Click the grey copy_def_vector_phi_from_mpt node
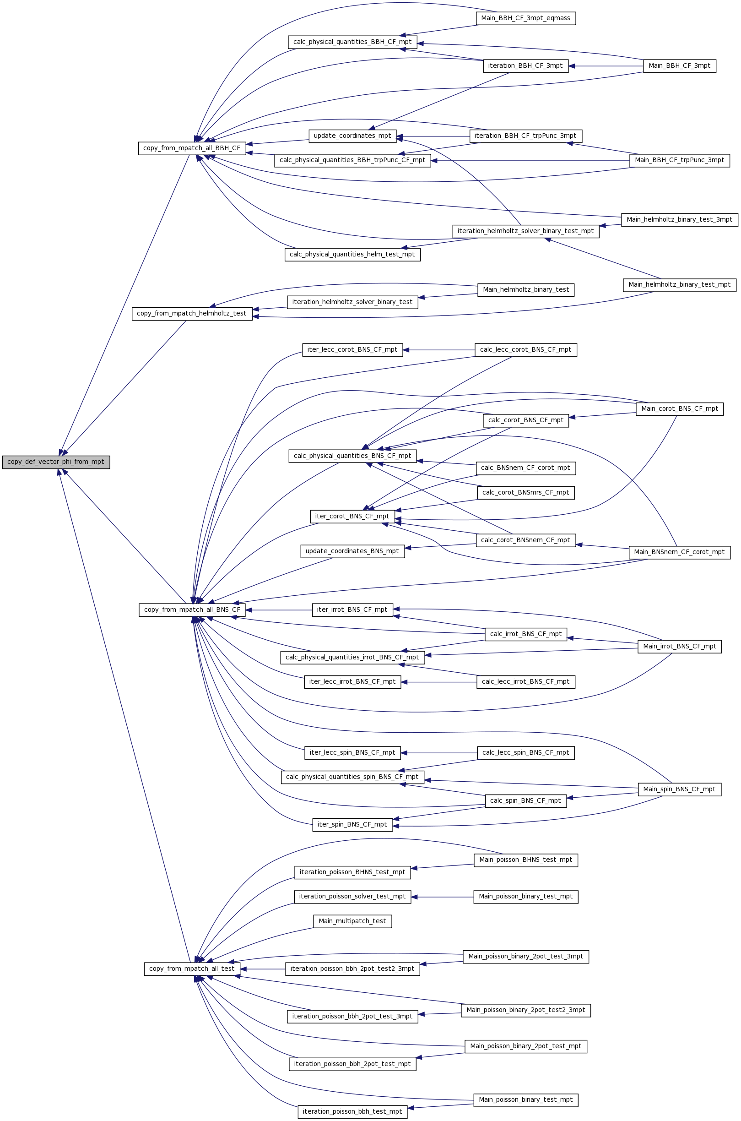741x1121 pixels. pos(56,462)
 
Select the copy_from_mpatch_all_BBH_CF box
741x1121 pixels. pos(192,148)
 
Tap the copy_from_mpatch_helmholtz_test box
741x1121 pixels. pos(192,314)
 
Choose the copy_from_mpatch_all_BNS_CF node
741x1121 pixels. pos(192,610)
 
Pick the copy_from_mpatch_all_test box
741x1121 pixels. pos(192,969)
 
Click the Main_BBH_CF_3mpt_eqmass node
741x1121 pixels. pos(525,18)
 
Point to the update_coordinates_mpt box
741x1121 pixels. pos(352,136)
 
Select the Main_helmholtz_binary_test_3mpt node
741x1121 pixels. pos(680,220)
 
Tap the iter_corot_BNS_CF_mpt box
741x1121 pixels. pos(352,516)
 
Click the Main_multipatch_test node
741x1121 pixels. pos(352,921)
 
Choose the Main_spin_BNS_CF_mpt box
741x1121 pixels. pos(680,789)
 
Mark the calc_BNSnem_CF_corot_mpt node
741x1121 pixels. pos(525,468)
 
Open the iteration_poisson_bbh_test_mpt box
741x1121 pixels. pos(352,1111)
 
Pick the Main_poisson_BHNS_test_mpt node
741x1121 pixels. pos(525,860)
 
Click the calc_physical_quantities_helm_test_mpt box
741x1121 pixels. pos(352,254)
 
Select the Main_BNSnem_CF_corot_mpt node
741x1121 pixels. pos(680,552)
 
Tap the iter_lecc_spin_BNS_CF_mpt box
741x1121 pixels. pos(352,753)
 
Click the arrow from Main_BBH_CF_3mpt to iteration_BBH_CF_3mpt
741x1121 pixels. pos(606,66)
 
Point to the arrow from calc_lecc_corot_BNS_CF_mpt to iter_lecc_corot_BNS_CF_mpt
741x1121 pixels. pos(438,350)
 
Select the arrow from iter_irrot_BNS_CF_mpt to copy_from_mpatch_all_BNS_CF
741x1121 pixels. pos(279,610)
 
